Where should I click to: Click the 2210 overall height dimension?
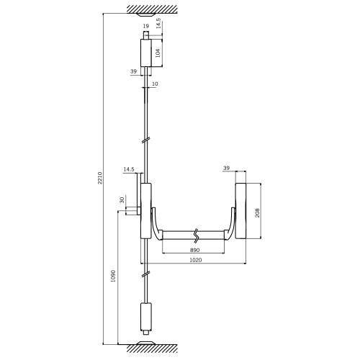100,178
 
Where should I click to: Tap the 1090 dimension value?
113,276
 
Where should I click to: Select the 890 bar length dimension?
194,250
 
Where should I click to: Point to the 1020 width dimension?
196,260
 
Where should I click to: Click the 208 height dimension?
258,212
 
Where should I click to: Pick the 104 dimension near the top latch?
158,53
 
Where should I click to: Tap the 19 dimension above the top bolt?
145,26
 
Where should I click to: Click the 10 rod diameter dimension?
155,84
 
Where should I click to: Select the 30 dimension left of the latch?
122,200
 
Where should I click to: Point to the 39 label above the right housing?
226,168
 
